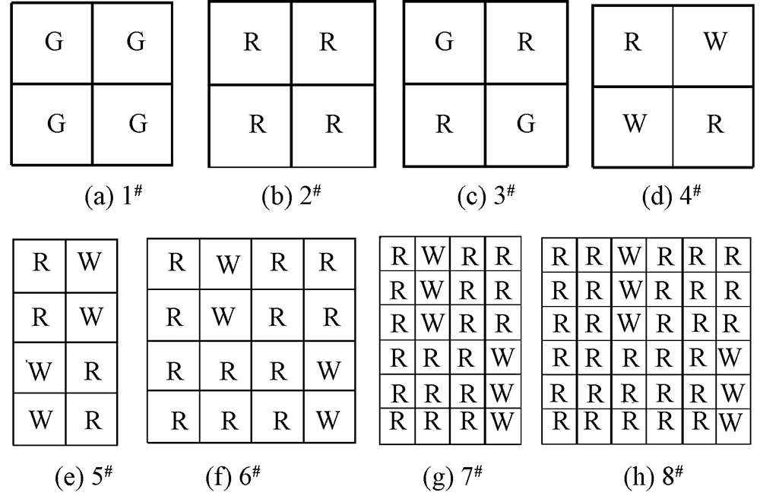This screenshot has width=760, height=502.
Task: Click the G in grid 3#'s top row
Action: [445, 42]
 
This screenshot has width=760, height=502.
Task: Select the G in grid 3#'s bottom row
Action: [526, 124]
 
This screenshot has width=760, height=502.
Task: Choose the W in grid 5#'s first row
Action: [90, 262]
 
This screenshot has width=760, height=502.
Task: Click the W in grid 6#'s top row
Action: [226, 264]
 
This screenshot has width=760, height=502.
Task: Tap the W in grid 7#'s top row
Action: [432, 255]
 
